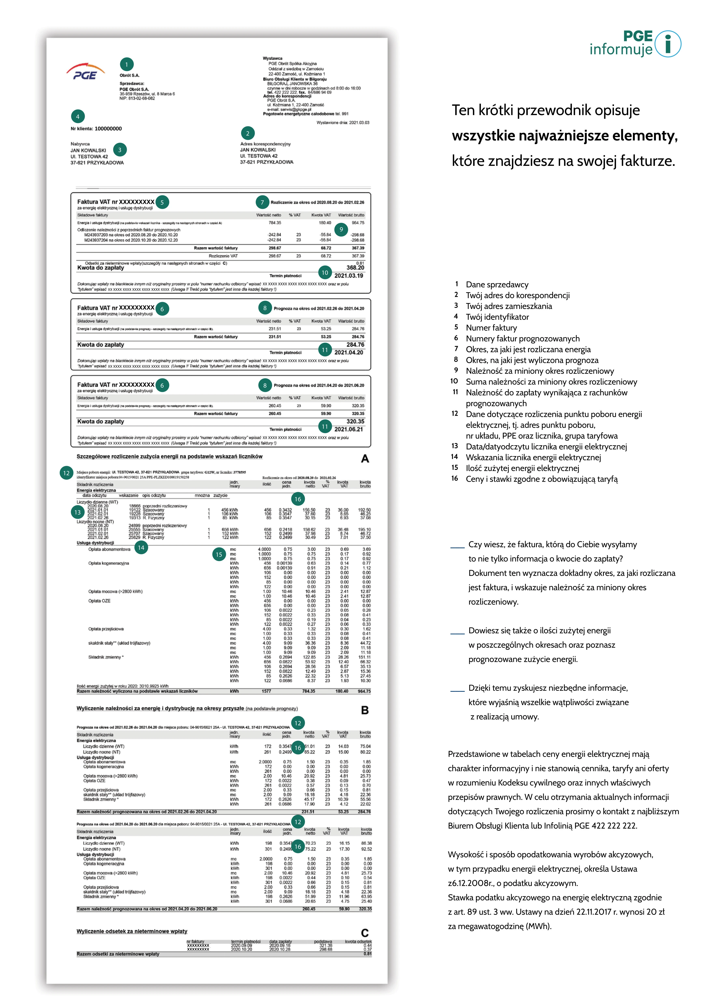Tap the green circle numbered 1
(127, 65)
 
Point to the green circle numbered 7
(262, 202)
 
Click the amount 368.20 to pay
(355, 268)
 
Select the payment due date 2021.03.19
(348, 276)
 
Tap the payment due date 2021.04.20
(348, 353)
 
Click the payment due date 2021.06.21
(348, 429)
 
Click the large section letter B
(365, 710)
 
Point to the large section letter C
(365, 933)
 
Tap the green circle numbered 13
(78, 512)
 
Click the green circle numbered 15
(219, 555)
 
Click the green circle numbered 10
(325, 273)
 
